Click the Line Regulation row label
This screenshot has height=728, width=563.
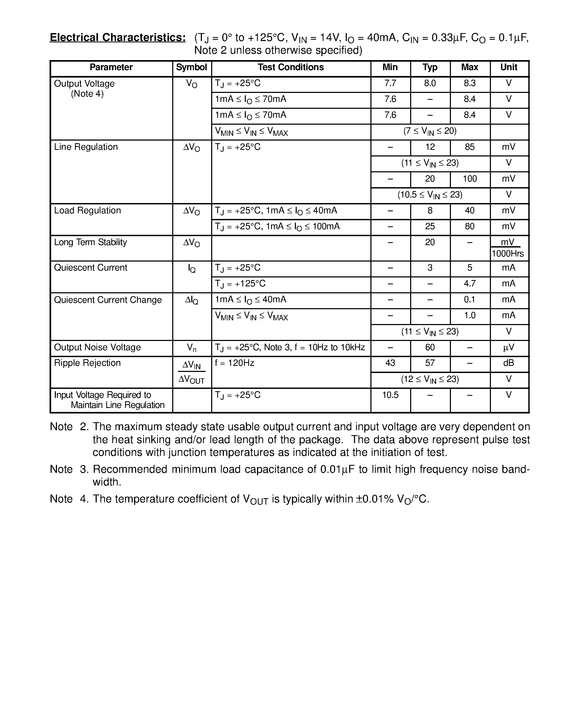[86, 147]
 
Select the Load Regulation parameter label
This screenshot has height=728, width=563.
[87, 211]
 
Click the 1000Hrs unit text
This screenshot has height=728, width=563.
[508, 254]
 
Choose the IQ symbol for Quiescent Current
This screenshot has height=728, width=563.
[192, 269]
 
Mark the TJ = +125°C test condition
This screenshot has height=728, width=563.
[240, 284]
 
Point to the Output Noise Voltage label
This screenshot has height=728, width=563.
[97, 348]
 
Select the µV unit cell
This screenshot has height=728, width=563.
[508, 348]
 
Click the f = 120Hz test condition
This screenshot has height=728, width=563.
[234, 363]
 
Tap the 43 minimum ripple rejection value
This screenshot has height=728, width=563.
[390, 363]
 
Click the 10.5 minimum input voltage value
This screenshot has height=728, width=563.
[390, 395]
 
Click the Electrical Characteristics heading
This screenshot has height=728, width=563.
[117, 38]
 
